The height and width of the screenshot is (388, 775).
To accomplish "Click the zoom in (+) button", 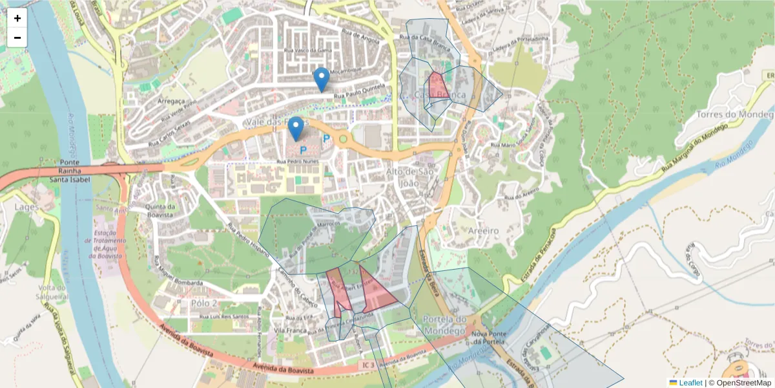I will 17,18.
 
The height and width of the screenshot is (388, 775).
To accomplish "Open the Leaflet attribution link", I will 690,383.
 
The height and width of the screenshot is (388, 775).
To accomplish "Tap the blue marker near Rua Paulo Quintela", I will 321,80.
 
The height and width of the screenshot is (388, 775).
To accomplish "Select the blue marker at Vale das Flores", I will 296,129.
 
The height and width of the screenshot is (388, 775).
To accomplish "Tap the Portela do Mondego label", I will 444,325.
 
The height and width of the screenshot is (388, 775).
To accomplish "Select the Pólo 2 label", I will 204,303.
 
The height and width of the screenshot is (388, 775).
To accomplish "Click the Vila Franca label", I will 289,330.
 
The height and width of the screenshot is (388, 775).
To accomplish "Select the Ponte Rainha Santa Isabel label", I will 68,170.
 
